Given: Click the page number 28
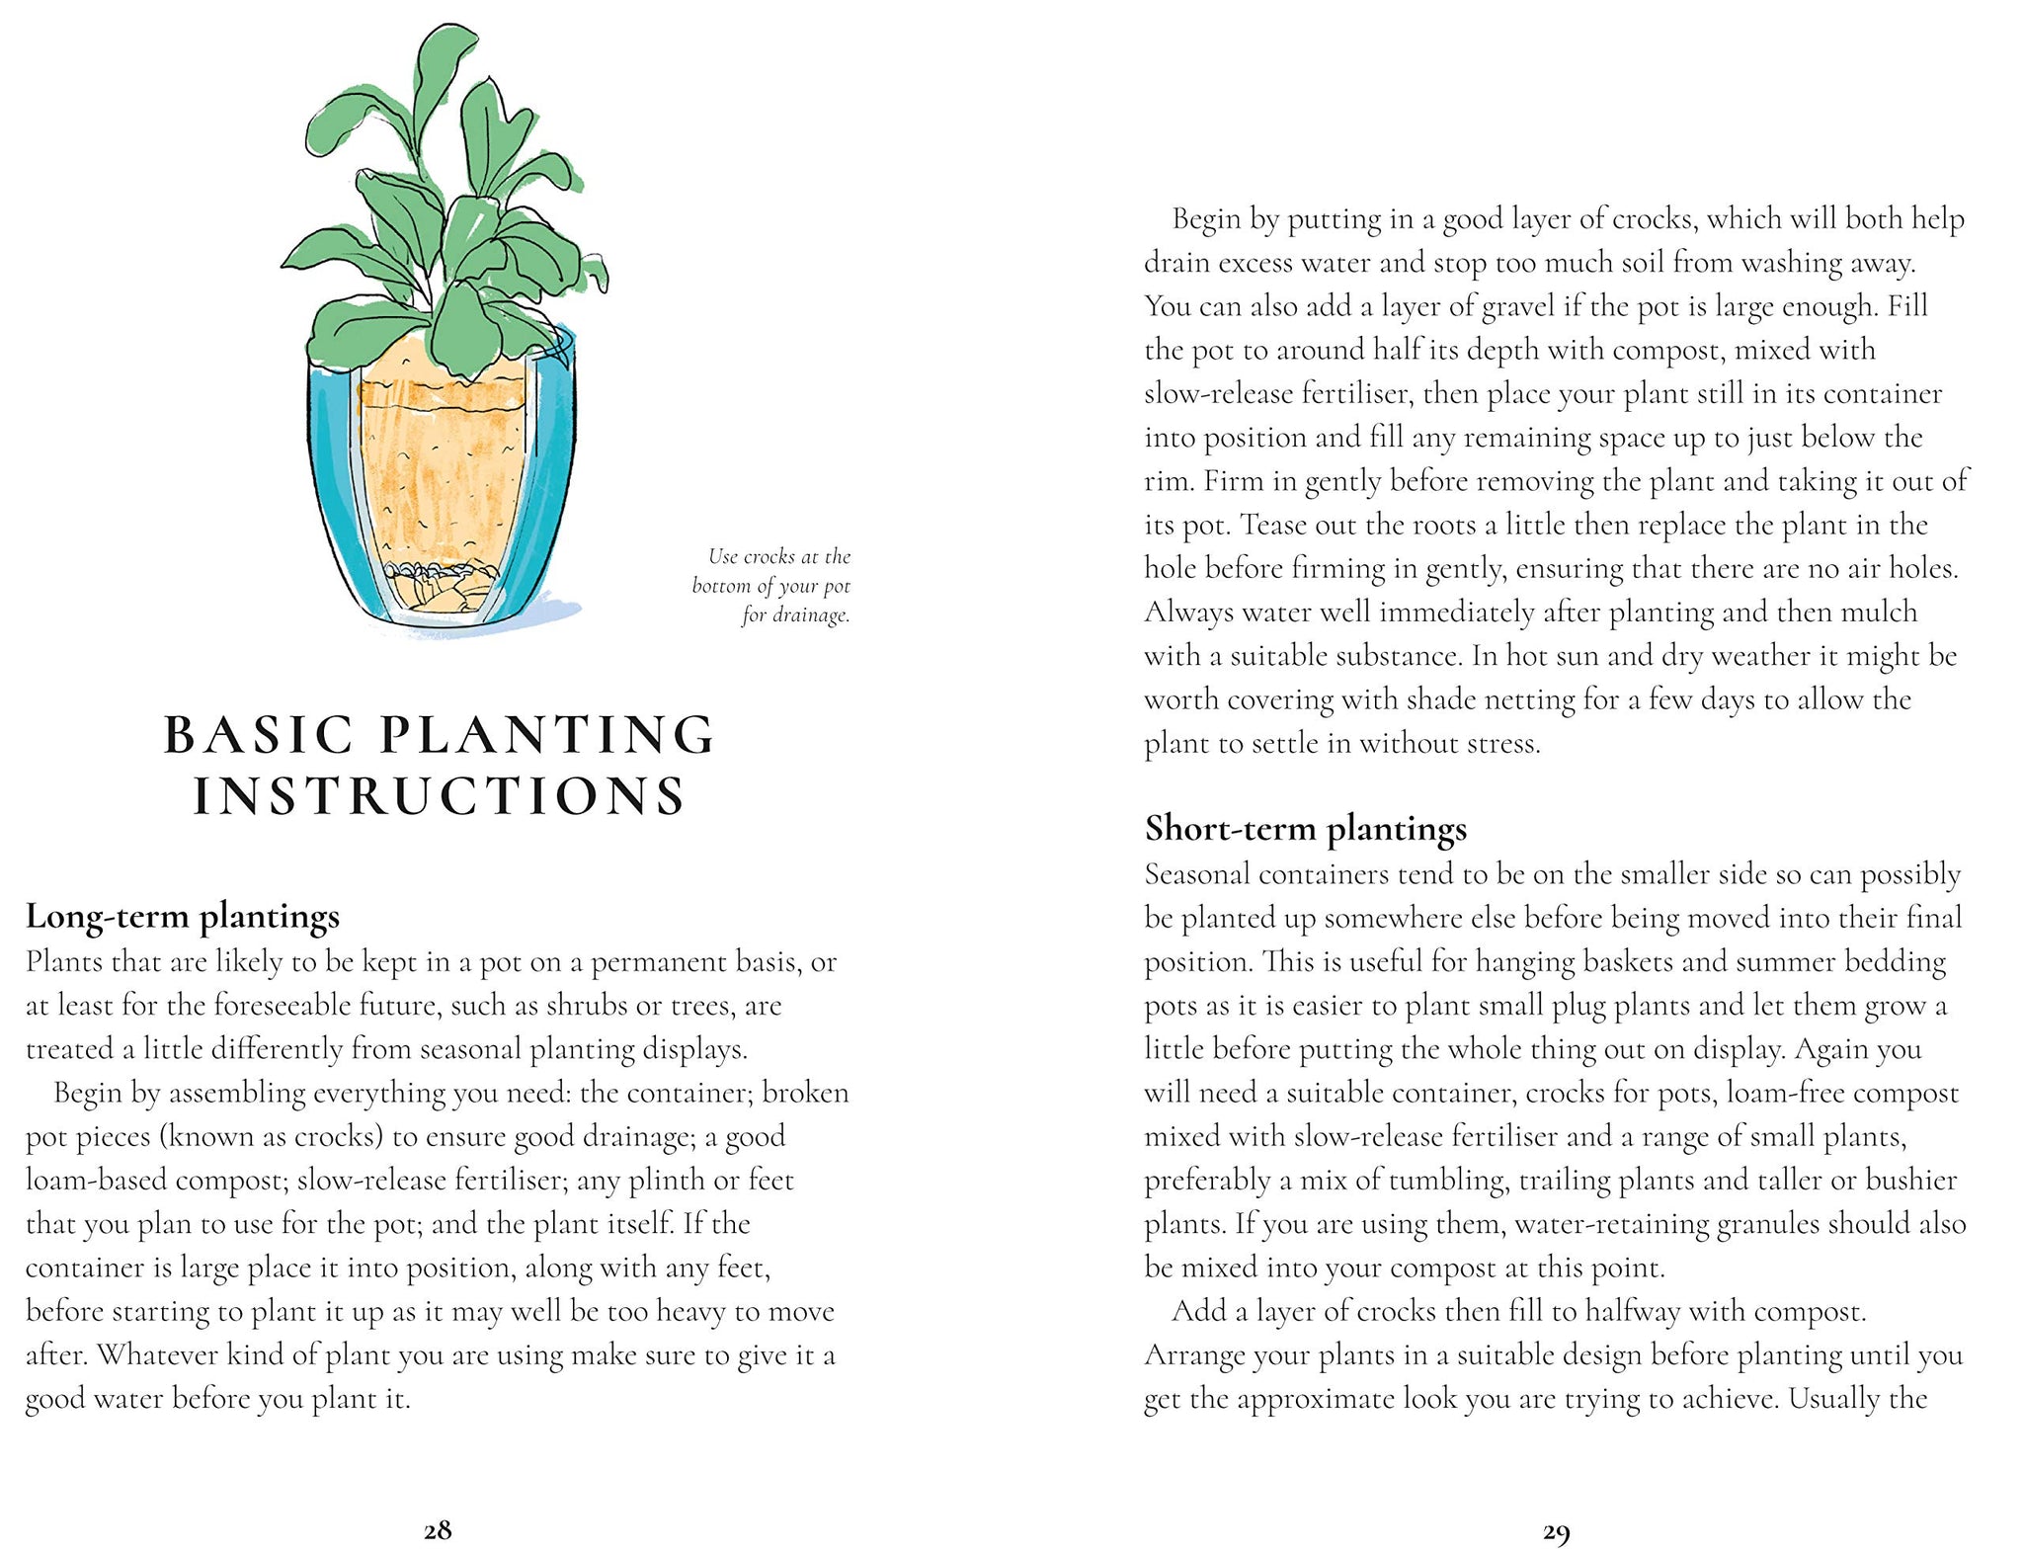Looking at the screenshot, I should coord(438,1530).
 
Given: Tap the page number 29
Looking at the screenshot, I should coord(1556,1532).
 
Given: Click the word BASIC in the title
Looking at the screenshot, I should coord(259,735).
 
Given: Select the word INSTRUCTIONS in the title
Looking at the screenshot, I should coord(440,796).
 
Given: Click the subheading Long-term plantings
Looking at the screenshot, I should coord(183,917).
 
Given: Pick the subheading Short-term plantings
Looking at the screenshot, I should coord(1305,829).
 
